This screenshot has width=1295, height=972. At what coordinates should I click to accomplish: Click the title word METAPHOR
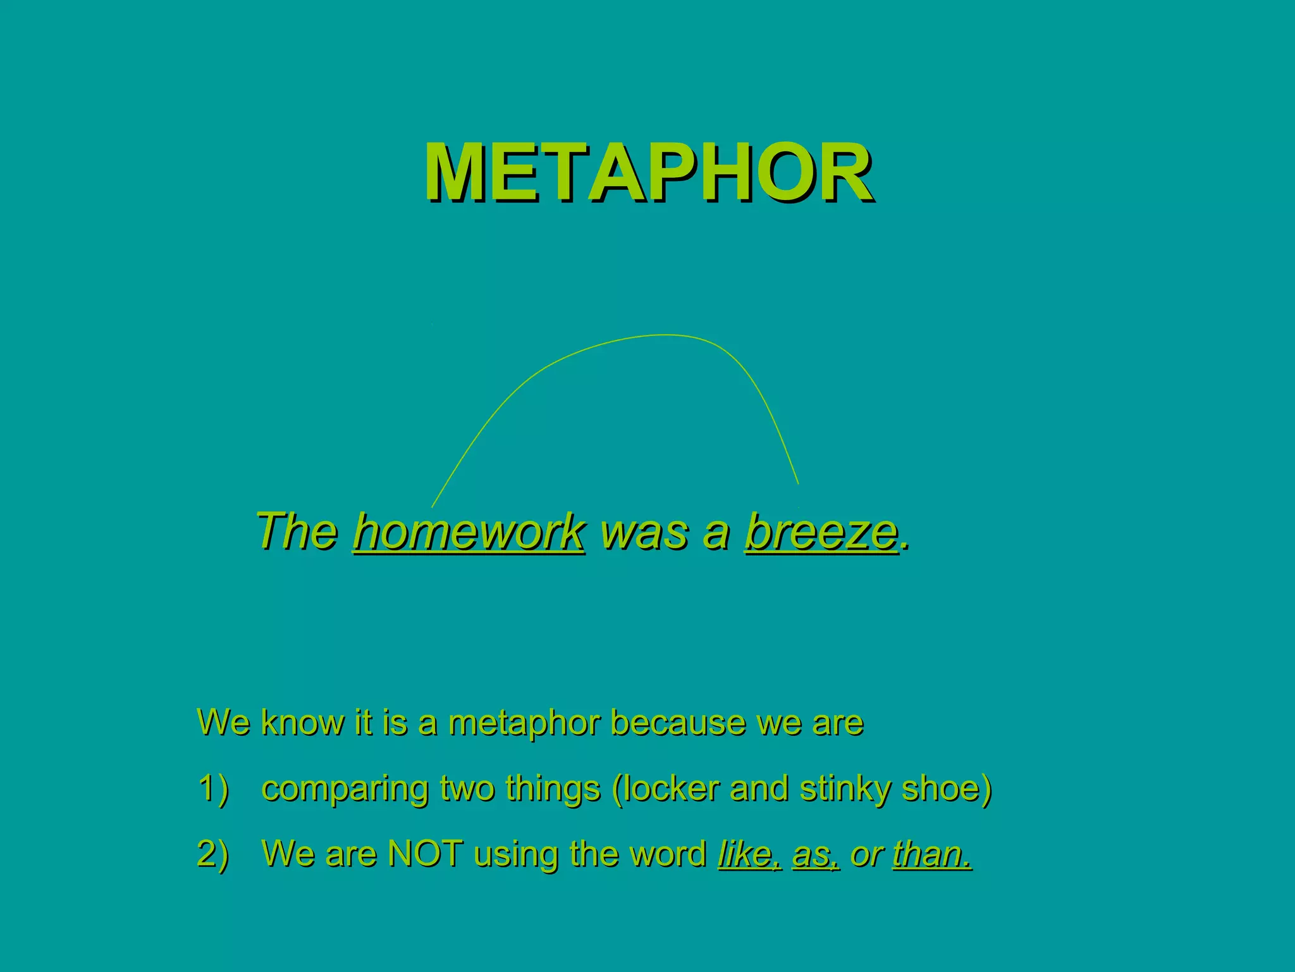(649, 172)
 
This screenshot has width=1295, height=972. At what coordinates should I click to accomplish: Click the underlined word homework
(469, 532)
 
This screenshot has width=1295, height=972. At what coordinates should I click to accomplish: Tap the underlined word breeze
(821, 532)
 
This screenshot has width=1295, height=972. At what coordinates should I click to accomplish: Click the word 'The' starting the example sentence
(296, 532)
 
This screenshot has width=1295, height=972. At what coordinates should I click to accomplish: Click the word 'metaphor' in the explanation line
(524, 723)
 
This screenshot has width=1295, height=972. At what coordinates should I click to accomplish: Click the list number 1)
(213, 789)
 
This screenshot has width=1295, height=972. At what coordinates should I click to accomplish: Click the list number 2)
(213, 854)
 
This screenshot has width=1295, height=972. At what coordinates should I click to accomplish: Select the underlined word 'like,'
(750, 854)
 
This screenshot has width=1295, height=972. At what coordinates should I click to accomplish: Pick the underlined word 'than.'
(931, 854)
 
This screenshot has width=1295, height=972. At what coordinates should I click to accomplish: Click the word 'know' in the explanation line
(302, 723)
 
